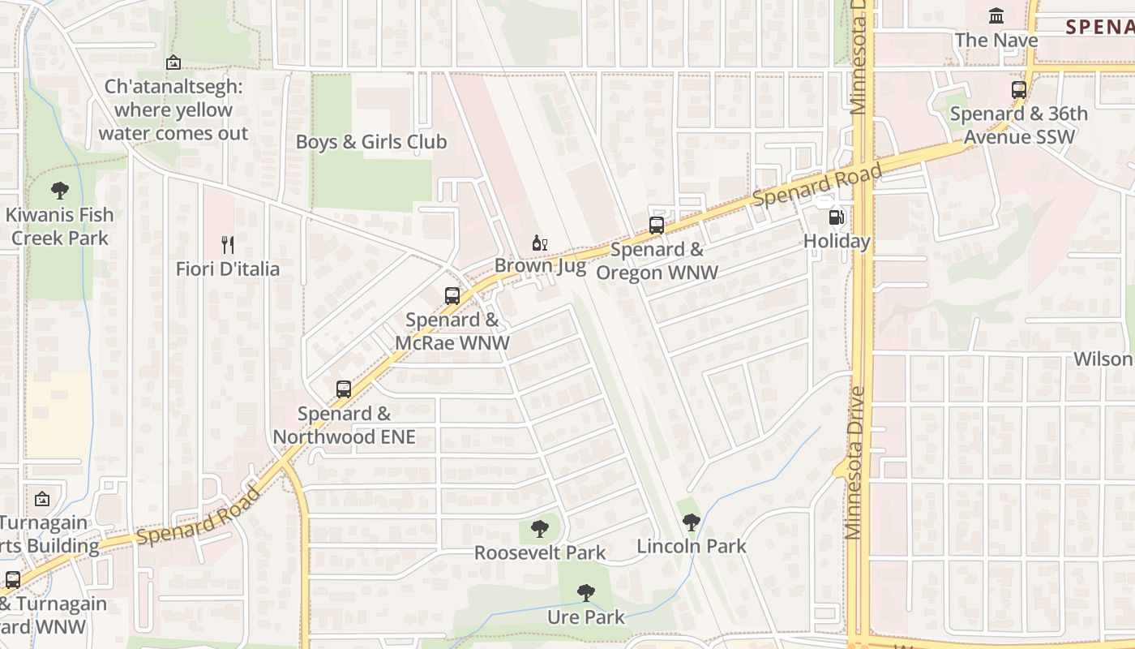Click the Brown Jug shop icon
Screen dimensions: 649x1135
540,243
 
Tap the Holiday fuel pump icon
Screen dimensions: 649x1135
836,217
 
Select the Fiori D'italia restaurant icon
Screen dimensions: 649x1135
228,244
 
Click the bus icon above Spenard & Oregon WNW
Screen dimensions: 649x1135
657,226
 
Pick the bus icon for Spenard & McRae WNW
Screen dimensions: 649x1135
452,296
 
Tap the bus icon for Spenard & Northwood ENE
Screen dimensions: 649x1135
344,389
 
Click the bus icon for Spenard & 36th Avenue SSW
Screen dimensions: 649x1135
1019,90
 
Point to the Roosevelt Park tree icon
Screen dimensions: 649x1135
540,529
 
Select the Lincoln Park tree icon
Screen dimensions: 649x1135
692,522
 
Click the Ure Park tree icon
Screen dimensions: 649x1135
586,593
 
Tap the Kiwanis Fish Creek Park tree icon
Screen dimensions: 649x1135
59,191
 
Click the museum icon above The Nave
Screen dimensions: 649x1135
996,15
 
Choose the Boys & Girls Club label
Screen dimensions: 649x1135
371,142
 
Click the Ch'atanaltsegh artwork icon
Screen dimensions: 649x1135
173,62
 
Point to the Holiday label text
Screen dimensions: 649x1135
837,242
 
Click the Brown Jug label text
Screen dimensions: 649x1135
540,266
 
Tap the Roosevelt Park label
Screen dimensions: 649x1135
540,553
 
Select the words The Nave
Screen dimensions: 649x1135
996,40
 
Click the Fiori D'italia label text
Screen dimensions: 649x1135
228,269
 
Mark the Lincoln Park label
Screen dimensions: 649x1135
692,546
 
